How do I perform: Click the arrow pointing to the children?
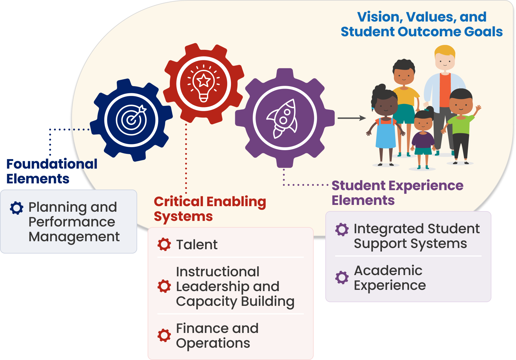pos(352,118)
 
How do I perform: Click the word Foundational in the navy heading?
pos(52,164)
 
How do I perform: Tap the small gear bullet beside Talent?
pos(164,244)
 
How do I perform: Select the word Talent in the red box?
pos(197,245)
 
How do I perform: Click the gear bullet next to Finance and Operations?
pos(164,335)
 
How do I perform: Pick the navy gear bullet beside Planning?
pos(17,208)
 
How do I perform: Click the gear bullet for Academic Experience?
pos(342,278)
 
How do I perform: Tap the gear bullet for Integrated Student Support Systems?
pos(342,230)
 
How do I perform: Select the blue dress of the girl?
pos(386,134)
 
